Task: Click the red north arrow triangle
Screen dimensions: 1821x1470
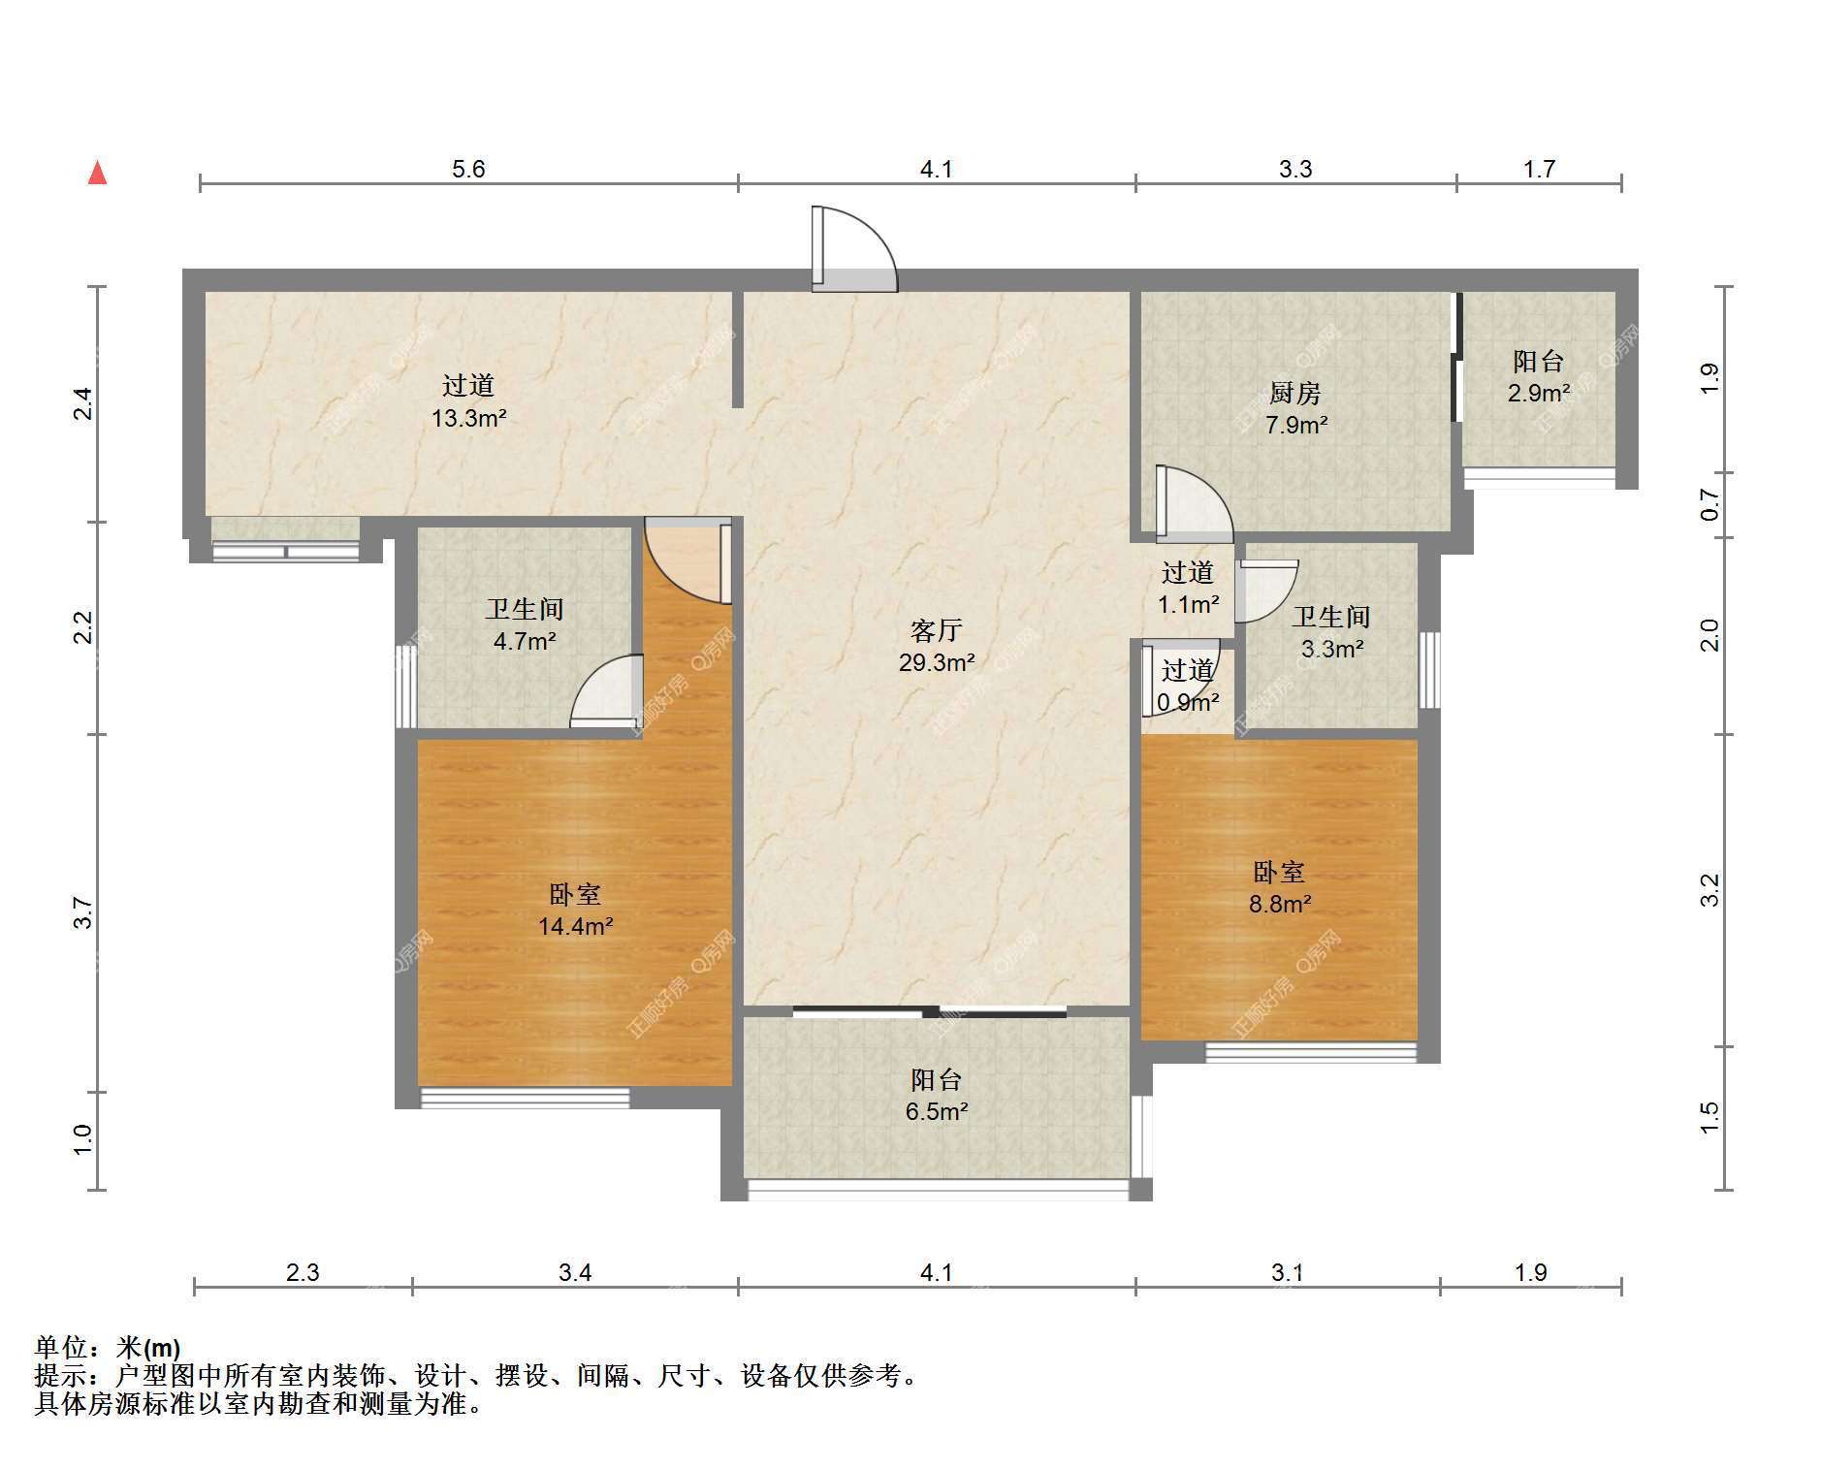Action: coord(97,173)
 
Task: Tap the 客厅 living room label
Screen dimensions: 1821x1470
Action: coord(936,631)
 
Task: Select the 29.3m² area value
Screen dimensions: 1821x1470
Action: coord(936,663)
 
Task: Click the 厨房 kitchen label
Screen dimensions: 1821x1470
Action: coord(1295,393)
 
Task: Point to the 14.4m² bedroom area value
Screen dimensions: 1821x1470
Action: coord(575,926)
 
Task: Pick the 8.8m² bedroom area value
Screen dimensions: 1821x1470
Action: coord(1280,904)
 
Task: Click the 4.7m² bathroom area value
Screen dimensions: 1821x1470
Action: coord(524,641)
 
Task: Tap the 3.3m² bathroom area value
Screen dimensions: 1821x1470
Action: coord(1332,649)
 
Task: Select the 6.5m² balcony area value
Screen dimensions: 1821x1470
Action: coord(937,1111)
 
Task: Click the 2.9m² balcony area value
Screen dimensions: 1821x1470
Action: coord(1539,393)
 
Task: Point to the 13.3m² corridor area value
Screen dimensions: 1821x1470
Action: coord(469,418)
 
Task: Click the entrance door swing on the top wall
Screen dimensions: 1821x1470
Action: coord(854,249)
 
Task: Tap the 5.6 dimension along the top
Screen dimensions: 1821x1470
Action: coord(468,169)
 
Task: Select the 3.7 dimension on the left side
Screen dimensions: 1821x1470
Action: coord(83,913)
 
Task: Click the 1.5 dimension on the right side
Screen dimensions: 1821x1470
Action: coord(1709,1117)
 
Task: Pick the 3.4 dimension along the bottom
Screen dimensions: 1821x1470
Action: coord(575,1271)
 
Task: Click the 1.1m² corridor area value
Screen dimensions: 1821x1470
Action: coord(1189,605)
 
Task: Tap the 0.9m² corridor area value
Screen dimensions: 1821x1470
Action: coord(1188,702)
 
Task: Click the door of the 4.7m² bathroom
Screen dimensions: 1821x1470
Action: coord(606,691)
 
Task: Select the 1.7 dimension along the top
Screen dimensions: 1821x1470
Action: coord(1539,169)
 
